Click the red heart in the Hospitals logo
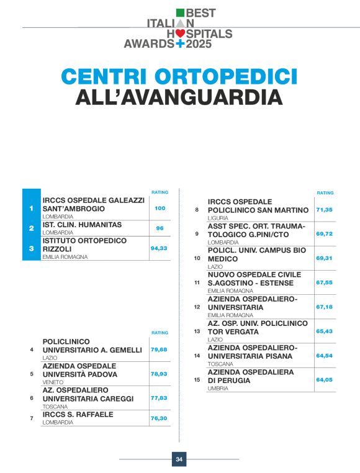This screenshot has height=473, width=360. pyautogui.click(x=180, y=33)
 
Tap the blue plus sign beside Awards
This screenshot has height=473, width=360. pyautogui.click(x=181, y=44)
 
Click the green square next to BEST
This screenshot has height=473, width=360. pyautogui.click(x=180, y=12)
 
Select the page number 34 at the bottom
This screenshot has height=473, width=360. pyautogui.click(x=179, y=459)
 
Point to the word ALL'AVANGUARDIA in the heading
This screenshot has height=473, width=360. pyautogui.click(x=179, y=97)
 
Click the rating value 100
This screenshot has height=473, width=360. pyautogui.click(x=160, y=208)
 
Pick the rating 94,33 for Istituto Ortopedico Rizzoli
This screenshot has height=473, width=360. pyautogui.click(x=160, y=248)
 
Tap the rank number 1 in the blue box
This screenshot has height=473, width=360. pyautogui.click(x=32, y=208)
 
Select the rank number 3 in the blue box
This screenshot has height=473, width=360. pyautogui.click(x=32, y=248)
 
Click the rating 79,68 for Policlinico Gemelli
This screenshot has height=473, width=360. pyautogui.click(x=160, y=349)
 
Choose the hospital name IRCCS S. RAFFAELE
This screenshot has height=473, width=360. pyautogui.click(x=78, y=414)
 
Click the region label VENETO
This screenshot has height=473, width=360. pyautogui.click(x=53, y=382)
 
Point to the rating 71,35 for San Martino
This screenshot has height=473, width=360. pyautogui.click(x=325, y=210)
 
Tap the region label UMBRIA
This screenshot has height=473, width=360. pyautogui.click(x=218, y=388)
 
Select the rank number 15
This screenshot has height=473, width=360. pyautogui.click(x=197, y=379)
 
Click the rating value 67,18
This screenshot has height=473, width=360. pyautogui.click(x=325, y=307)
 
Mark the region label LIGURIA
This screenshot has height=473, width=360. pyautogui.click(x=217, y=218)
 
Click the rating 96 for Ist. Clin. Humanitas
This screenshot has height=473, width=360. pyautogui.click(x=160, y=228)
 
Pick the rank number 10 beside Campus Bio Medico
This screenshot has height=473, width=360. pyautogui.click(x=197, y=258)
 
